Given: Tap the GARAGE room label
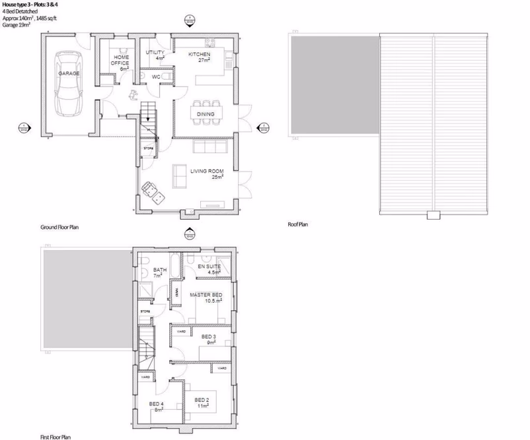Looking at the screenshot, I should click(x=68, y=74).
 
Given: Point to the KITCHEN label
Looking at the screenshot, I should click(x=199, y=55).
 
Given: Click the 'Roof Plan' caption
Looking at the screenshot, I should click(x=298, y=225).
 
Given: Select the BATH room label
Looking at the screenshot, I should click(x=160, y=271).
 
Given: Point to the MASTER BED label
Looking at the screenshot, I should click(x=206, y=294).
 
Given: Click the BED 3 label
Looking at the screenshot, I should click(x=208, y=337).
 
